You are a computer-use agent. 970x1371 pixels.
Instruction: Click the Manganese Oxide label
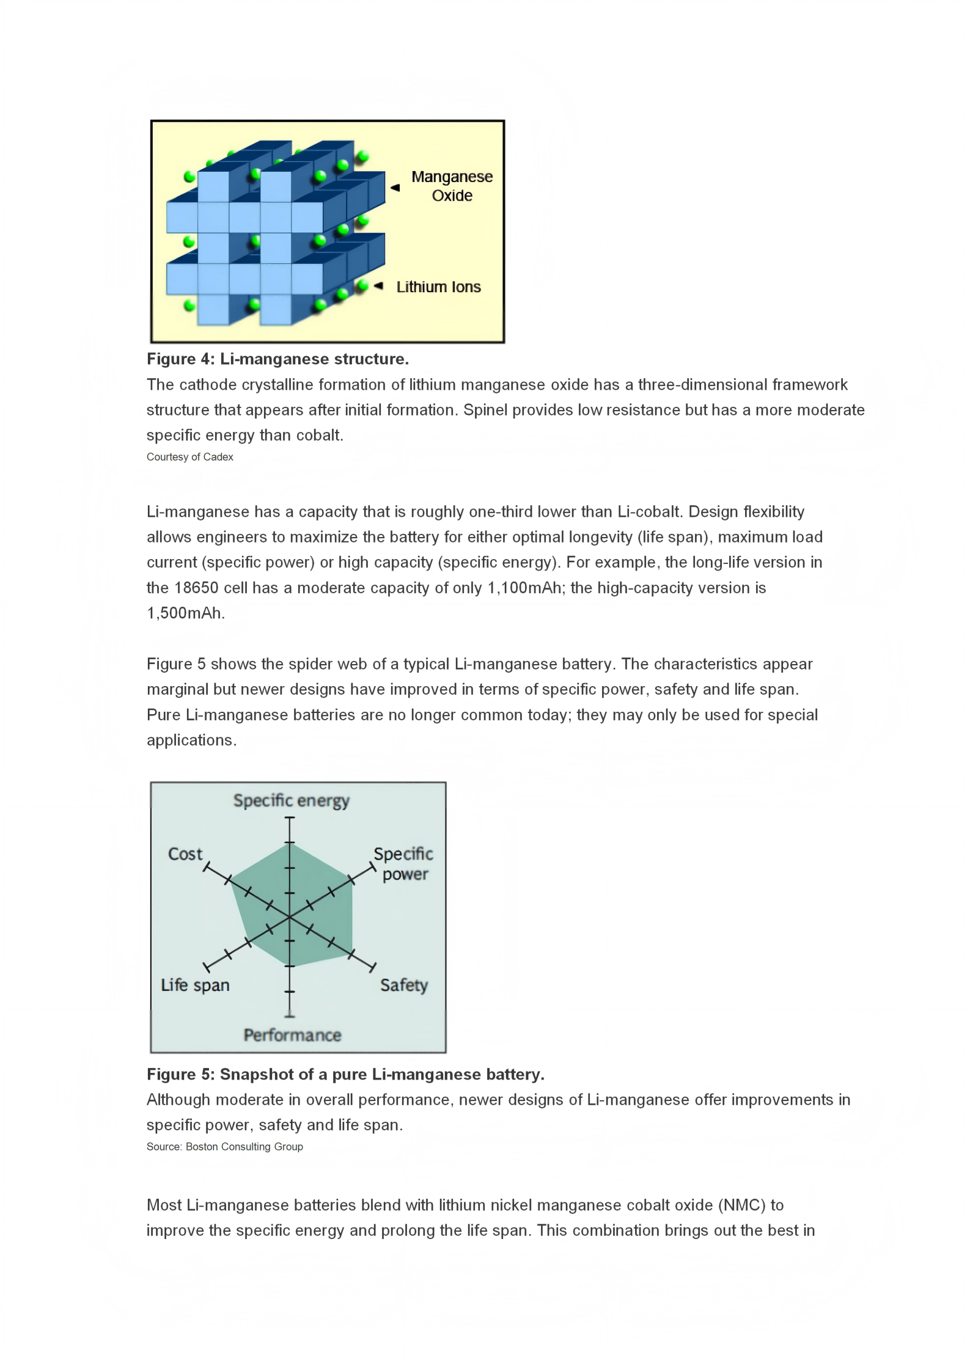[452, 186]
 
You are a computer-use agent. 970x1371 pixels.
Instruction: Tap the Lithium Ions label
[438, 287]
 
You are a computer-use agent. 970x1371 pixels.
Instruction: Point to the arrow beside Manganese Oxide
[395, 188]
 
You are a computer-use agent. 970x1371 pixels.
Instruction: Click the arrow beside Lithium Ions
[378, 285]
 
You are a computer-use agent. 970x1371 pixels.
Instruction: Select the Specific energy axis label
[291, 800]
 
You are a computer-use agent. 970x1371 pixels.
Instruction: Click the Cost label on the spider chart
[185, 854]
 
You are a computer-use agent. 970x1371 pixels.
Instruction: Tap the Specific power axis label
[403, 863]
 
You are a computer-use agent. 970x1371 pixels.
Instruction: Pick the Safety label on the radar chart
[403, 985]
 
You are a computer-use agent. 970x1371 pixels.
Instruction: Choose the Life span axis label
[195, 985]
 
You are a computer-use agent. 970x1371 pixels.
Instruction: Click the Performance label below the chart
[292, 1035]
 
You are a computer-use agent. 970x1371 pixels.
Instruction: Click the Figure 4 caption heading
[277, 359]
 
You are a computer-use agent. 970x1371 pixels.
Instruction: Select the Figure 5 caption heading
[345, 1074]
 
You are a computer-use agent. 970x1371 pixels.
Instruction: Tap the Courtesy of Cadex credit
[189, 457]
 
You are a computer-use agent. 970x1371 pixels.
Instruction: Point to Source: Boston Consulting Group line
[224, 1147]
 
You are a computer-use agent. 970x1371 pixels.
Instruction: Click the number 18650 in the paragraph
[196, 588]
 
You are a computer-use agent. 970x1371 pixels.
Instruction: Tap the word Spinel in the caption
[485, 410]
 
